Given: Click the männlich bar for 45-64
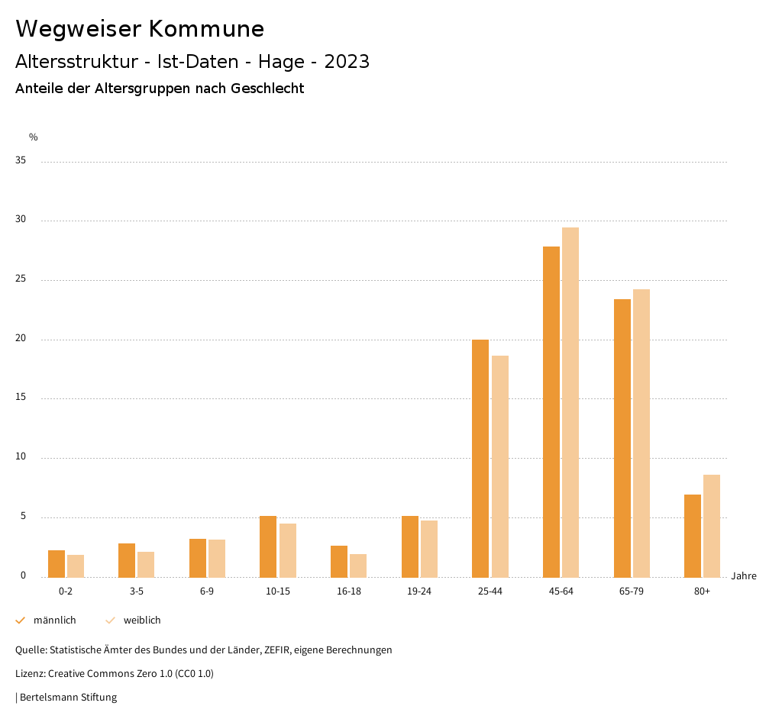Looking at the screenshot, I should point(551,412).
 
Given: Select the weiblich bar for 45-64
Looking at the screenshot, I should point(570,402).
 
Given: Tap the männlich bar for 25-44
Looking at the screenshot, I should point(480,458).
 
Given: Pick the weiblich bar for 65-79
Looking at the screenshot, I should point(641,434).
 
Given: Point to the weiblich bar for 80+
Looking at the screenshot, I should point(712,526).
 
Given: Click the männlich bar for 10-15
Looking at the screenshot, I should point(268,546).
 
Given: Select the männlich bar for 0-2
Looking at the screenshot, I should point(57,563).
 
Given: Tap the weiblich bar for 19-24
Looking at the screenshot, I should point(429,549).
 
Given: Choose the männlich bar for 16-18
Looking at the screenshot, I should point(339,561).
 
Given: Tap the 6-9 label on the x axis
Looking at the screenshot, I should point(207,591).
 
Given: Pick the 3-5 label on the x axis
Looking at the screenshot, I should point(137,591).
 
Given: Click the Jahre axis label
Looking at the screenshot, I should point(744,576).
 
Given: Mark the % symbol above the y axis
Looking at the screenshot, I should point(34,137).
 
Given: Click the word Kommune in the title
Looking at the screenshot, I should point(206,29).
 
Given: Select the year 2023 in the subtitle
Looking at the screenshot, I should point(347,62).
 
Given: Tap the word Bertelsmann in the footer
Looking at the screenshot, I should point(47,697).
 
